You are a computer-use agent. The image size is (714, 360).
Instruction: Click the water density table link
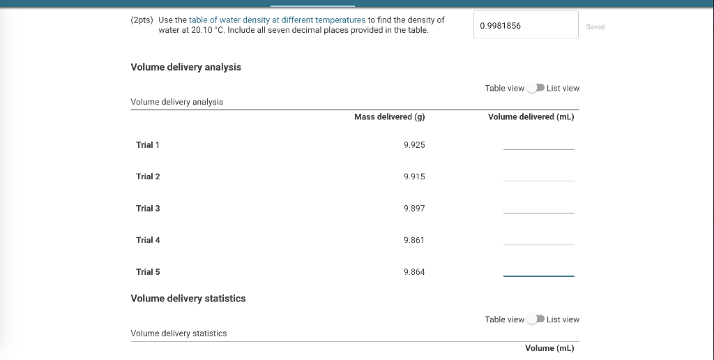point(277,20)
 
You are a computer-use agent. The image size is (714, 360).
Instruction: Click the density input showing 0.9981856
point(526,26)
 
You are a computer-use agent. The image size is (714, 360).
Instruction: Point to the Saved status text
point(595,27)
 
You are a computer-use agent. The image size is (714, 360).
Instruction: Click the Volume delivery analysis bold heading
point(186,67)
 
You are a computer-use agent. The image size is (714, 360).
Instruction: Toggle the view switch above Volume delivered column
point(535,88)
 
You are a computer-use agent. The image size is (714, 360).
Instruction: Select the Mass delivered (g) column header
point(389,117)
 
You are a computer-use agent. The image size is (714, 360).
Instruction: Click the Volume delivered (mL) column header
point(531,117)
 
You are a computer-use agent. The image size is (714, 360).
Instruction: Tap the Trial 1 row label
point(148,145)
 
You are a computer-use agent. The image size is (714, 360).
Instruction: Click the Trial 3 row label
point(148,209)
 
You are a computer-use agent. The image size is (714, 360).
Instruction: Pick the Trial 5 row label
point(148,272)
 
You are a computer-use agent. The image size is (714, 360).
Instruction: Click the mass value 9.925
point(414,145)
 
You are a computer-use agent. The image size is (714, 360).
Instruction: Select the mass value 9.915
point(414,177)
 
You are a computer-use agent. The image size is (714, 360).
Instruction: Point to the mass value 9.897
point(414,209)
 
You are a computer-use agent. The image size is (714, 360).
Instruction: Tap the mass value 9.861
point(414,240)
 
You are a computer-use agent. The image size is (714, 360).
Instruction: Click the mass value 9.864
point(414,272)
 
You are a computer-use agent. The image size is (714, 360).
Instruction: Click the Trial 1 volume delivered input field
point(538,143)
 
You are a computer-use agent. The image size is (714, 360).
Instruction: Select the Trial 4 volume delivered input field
point(538,238)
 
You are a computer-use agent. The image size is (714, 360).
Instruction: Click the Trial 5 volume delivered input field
point(538,270)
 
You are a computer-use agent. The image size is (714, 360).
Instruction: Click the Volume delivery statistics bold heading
point(188,299)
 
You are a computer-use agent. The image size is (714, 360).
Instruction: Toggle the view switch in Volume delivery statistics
point(535,320)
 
